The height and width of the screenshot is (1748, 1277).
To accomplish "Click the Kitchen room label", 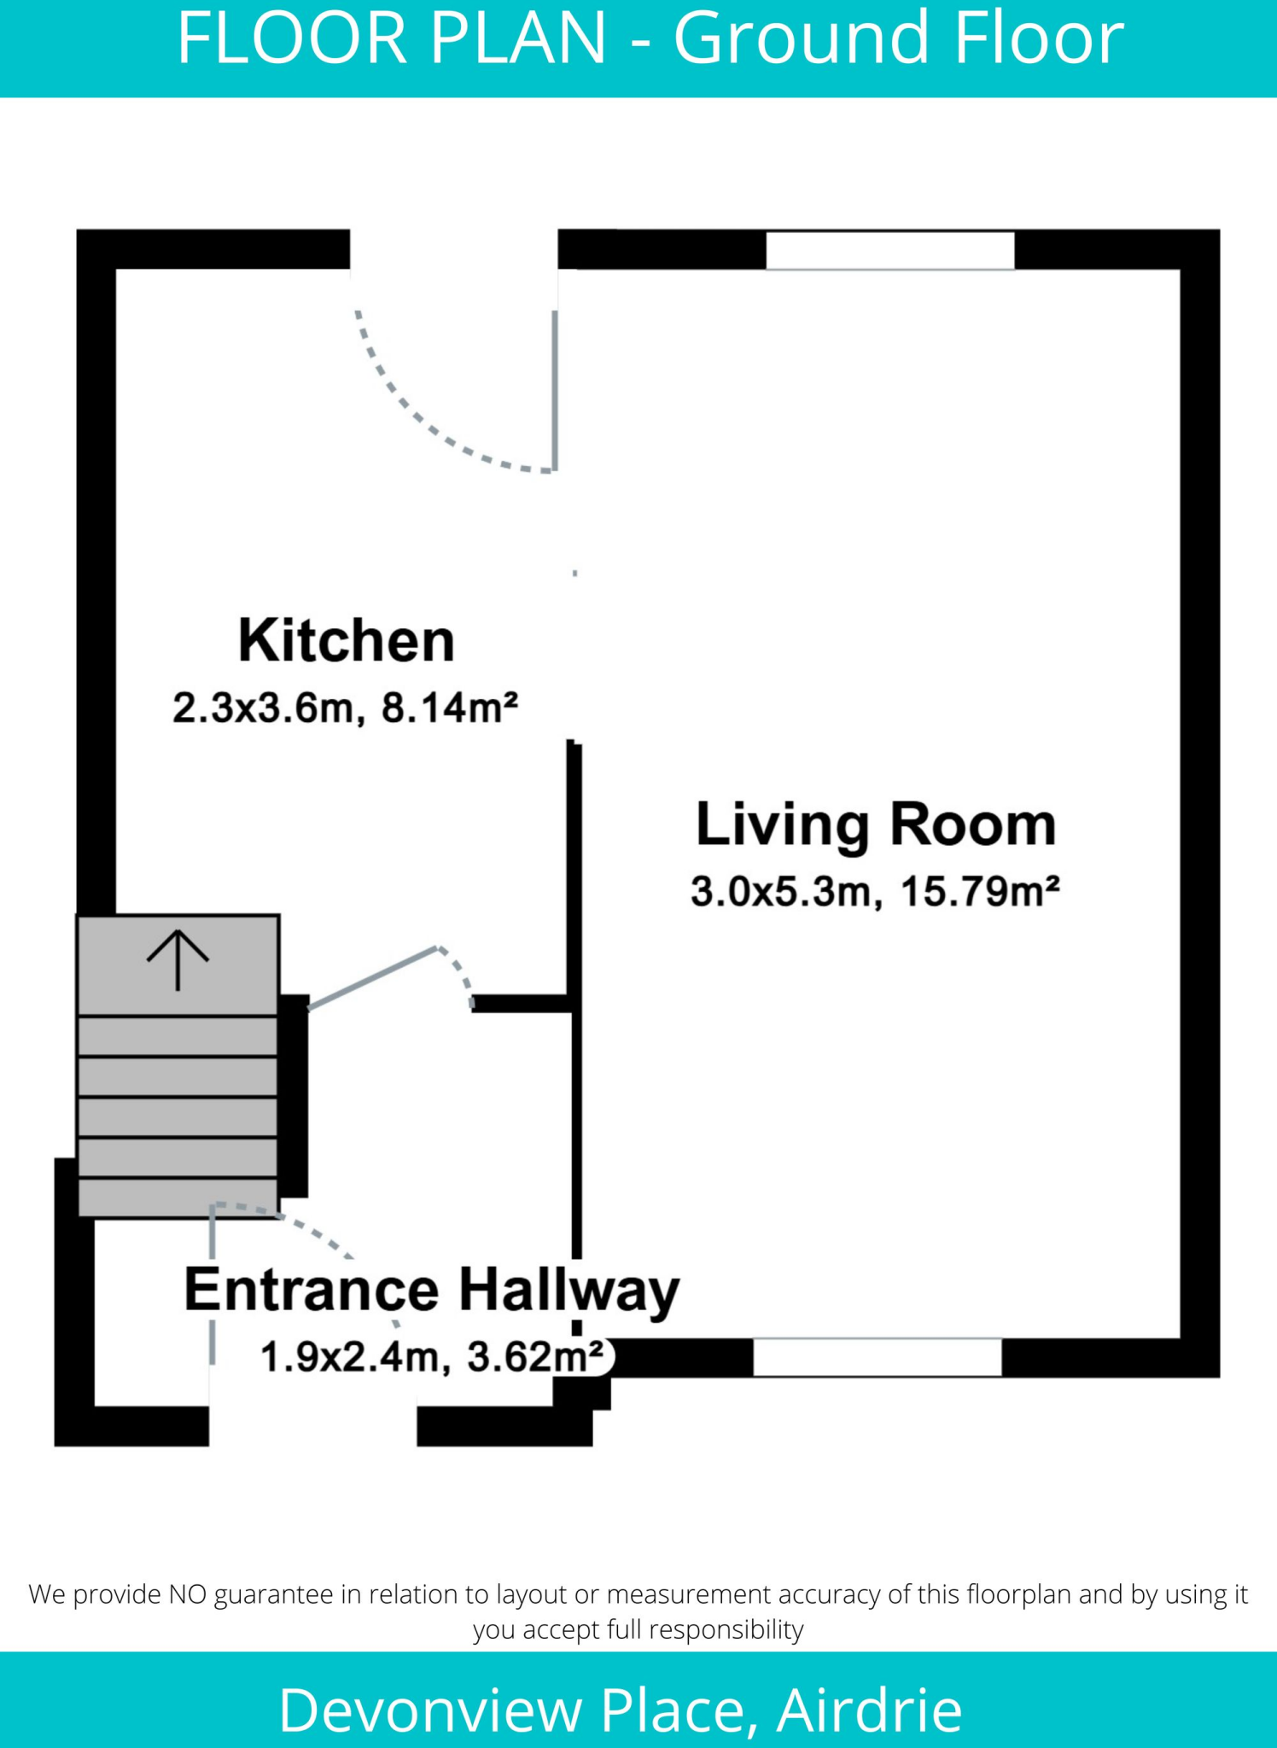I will [x=346, y=641].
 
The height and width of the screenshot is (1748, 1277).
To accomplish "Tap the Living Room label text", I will [x=876, y=824].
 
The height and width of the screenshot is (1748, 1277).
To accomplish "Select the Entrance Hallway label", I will [x=431, y=1290].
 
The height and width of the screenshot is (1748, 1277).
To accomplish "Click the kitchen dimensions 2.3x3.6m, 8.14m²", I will [x=345, y=708].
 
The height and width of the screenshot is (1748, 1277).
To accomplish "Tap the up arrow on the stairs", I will [x=178, y=959].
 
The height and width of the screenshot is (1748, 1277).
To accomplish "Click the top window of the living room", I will [x=889, y=251].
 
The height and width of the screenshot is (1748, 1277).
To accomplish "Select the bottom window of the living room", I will [x=877, y=1357].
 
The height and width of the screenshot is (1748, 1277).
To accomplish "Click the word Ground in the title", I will [x=801, y=38].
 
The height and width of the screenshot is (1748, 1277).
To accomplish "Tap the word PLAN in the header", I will [x=519, y=38].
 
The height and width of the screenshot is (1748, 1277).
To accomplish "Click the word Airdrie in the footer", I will [x=869, y=1710].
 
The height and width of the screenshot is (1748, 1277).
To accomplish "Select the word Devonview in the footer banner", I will [x=429, y=1710].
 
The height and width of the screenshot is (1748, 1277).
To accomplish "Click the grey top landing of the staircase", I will [x=178, y=964].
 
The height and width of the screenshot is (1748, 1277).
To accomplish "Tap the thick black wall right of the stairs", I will [x=293, y=1096].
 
